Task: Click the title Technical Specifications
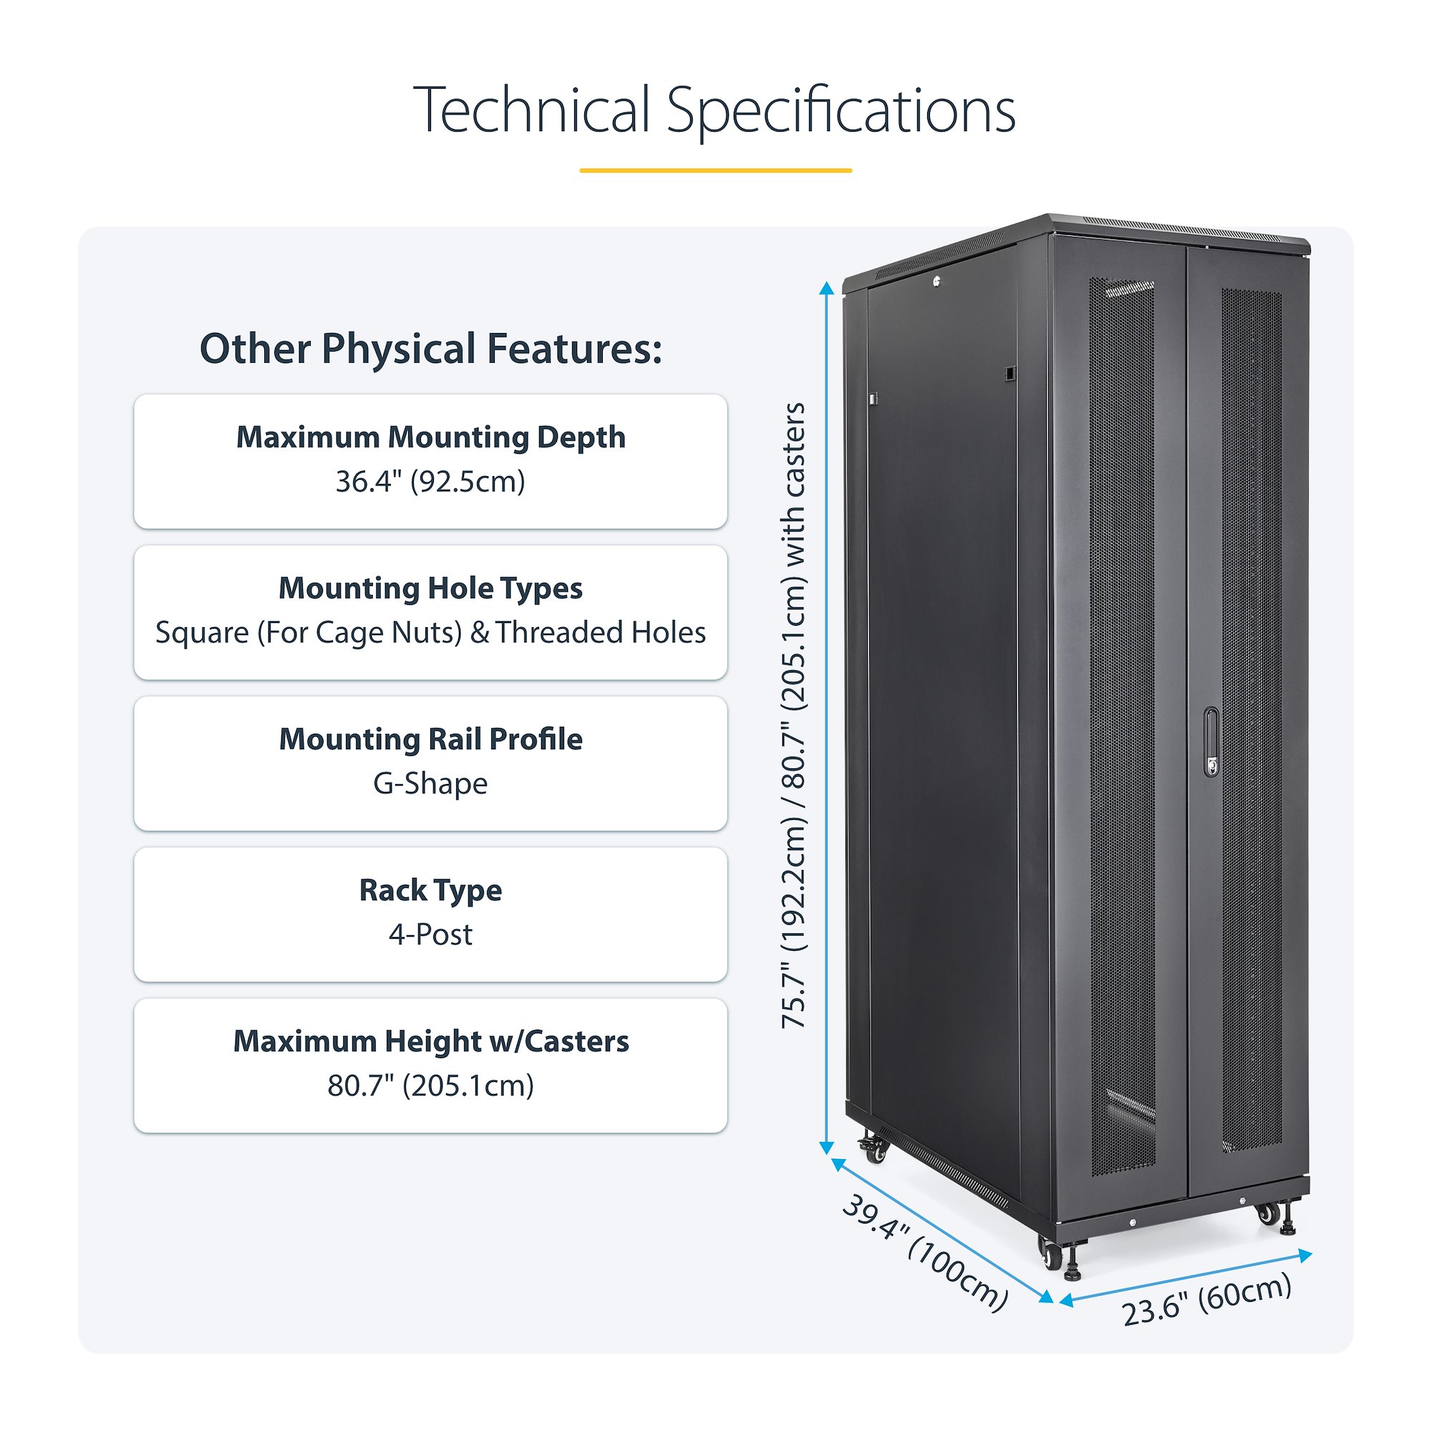[x=715, y=110]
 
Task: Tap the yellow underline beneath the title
[x=715, y=170]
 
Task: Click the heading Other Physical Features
[x=430, y=349]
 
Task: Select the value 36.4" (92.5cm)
[x=430, y=482]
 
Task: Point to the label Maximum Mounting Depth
[x=430, y=437]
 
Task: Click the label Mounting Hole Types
[x=430, y=589]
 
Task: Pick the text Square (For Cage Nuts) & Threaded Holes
[x=430, y=633]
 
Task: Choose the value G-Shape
[x=430, y=783]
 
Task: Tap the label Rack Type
[x=430, y=890]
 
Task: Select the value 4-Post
[x=430, y=934]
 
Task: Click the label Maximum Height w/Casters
[x=430, y=1041]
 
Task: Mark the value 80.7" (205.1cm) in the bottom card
[x=430, y=1086]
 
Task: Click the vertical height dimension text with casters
[x=794, y=715]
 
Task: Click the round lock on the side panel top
[x=937, y=281]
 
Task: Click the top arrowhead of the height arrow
[x=827, y=288]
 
